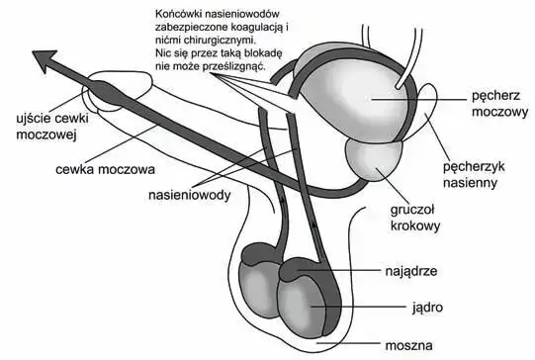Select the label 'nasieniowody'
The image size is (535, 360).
pos(190,196)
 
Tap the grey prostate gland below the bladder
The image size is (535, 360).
pos(369,160)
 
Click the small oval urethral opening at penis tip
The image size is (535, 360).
pos(100,97)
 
